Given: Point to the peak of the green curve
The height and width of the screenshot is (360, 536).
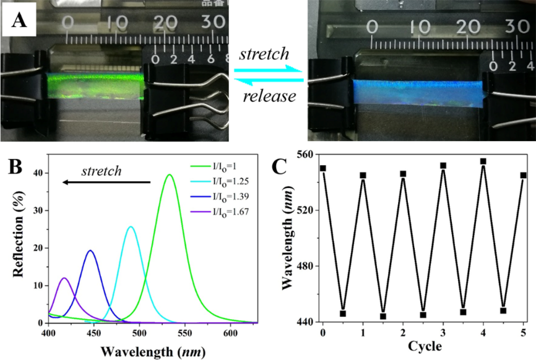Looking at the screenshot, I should click(169, 175).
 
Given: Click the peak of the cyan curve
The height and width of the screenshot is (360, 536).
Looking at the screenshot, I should click(130, 227).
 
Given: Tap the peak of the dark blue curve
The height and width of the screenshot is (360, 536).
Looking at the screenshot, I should click(90, 251).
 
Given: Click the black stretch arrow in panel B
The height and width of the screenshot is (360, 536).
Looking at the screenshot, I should click(109, 182).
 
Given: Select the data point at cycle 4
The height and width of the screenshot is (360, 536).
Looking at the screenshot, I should click(483, 161).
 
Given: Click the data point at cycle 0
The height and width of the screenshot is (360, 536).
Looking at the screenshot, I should click(323, 168).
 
